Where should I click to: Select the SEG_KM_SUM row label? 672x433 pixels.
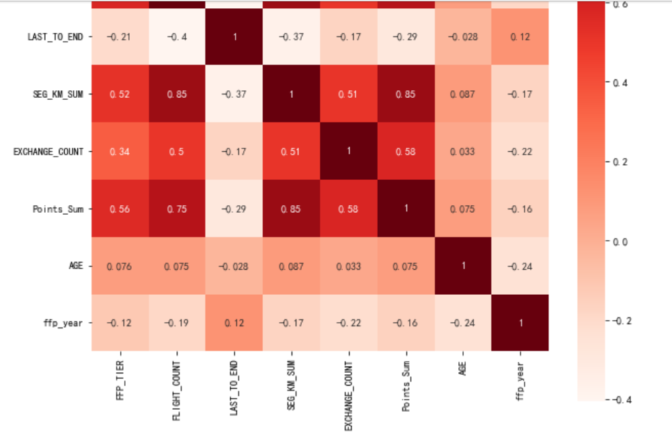click(x=58, y=94)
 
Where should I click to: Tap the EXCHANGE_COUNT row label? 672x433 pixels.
click(x=48, y=151)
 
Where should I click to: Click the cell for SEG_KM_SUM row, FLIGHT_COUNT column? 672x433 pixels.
click(x=178, y=94)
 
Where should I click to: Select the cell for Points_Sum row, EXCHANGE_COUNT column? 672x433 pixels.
click(x=348, y=209)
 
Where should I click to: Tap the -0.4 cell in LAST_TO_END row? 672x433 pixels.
click(x=178, y=37)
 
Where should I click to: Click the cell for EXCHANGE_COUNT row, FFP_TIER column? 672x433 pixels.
click(x=120, y=151)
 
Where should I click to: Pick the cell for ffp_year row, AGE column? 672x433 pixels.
click(x=462, y=322)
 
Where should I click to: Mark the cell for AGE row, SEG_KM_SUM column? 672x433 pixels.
click(x=292, y=265)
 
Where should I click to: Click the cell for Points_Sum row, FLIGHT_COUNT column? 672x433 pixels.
click(x=178, y=209)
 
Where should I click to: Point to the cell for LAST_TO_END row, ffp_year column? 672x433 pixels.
click(x=520, y=37)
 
